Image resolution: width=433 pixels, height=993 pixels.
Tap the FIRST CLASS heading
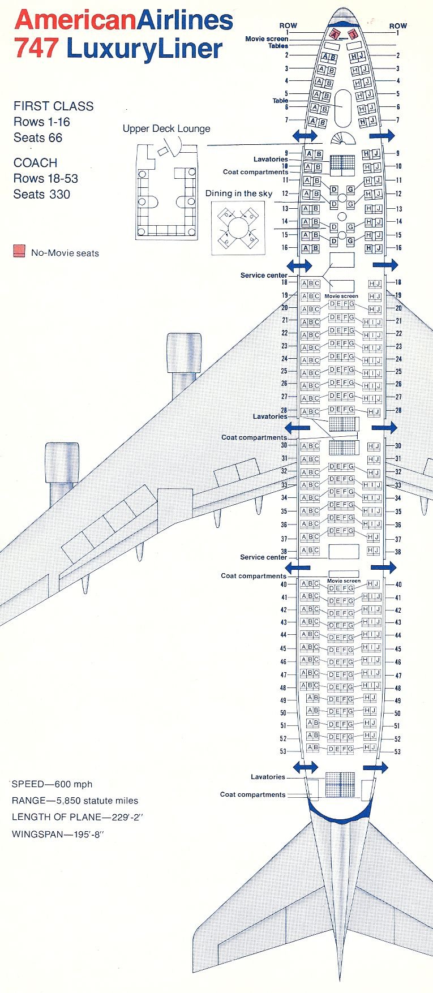coord(54,106)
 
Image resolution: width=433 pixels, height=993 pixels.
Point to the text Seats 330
coord(42,194)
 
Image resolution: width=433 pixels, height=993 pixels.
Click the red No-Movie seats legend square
coord(20,251)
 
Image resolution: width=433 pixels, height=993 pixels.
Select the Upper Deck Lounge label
coord(166,128)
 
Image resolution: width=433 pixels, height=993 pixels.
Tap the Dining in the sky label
coord(238,194)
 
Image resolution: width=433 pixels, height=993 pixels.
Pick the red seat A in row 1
coord(333,34)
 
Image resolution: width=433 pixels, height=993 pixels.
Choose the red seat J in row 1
coord(354,34)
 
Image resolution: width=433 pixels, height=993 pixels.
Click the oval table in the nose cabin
coord(342,107)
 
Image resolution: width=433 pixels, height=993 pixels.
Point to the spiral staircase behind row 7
coord(342,138)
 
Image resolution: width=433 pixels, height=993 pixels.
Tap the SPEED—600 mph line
coord(52,784)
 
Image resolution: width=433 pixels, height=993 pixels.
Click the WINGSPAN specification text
coord(58,834)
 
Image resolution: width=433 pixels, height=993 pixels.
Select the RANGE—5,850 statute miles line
coord(75,801)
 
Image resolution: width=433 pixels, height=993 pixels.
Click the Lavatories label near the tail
coord(268,777)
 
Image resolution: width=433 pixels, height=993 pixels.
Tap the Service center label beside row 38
coord(263,557)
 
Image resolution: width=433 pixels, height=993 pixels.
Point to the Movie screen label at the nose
coord(266,39)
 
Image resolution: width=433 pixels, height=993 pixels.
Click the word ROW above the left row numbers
coord(288,25)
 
